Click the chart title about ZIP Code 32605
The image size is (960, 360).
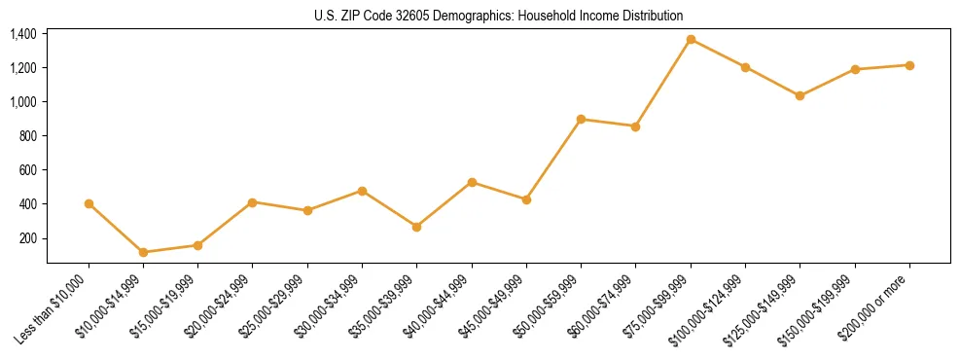click(x=498, y=16)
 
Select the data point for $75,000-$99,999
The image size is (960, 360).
click(x=691, y=39)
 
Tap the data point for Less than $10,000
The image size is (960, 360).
click(x=89, y=203)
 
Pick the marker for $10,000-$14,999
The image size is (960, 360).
click(x=143, y=252)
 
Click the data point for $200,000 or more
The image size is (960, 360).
click(x=909, y=65)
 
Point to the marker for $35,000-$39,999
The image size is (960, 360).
click(x=416, y=227)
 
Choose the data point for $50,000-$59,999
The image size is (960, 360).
click(x=581, y=119)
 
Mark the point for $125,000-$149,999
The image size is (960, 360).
click(x=800, y=95)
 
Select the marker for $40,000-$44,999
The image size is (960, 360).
click(x=472, y=182)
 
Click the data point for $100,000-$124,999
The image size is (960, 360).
click(x=745, y=67)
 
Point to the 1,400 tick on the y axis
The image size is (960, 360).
click(x=23, y=34)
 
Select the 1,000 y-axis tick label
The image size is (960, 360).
click(x=23, y=102)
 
